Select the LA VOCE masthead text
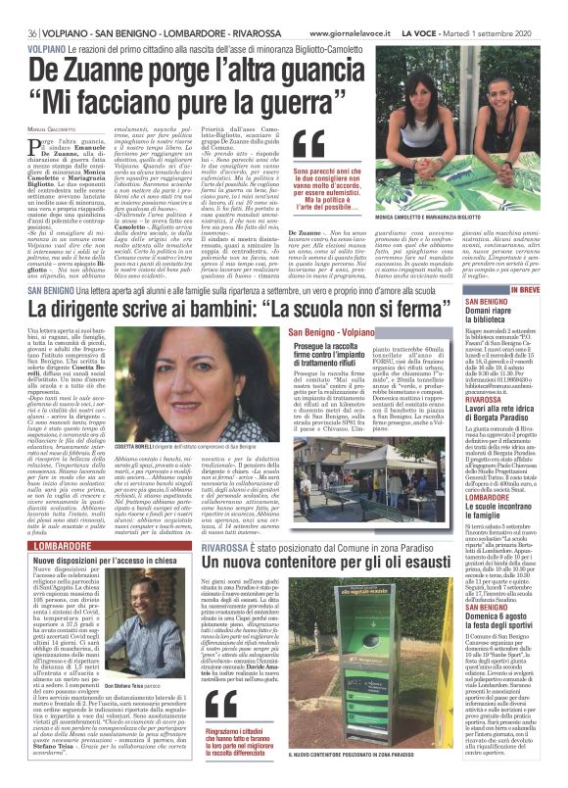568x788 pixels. point(447,9)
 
